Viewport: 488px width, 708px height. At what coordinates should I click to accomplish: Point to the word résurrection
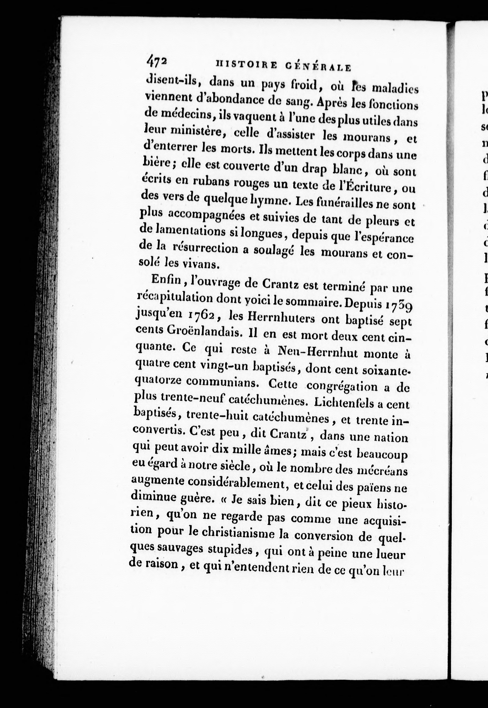(x=205, y=249)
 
